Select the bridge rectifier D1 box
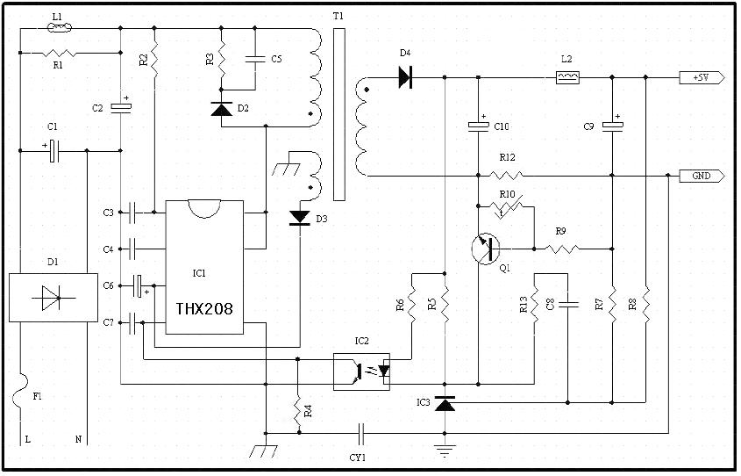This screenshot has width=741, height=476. [x=53, y=298]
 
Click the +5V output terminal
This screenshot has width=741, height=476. [x=702, y=77]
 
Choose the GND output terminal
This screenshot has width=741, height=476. [x=702, y=176]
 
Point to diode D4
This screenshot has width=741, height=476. [x=405, y=77]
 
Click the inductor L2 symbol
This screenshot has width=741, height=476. [x=567, y=77]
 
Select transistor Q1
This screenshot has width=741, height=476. [x=484, y=249]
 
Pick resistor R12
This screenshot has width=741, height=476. [x=506, y=176]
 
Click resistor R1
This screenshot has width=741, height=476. [x=58, y=53]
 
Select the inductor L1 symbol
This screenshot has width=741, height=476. [x=58, y=27]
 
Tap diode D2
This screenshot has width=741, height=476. [x=221, y=109]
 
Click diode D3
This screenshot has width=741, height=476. [x=300, y=217]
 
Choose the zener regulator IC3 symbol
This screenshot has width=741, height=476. [x=445, y=404]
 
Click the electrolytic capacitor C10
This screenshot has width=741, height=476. [x=478, y=126]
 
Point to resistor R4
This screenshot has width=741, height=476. [x=298, y=410]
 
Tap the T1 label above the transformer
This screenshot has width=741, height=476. [x=338, y=17]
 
